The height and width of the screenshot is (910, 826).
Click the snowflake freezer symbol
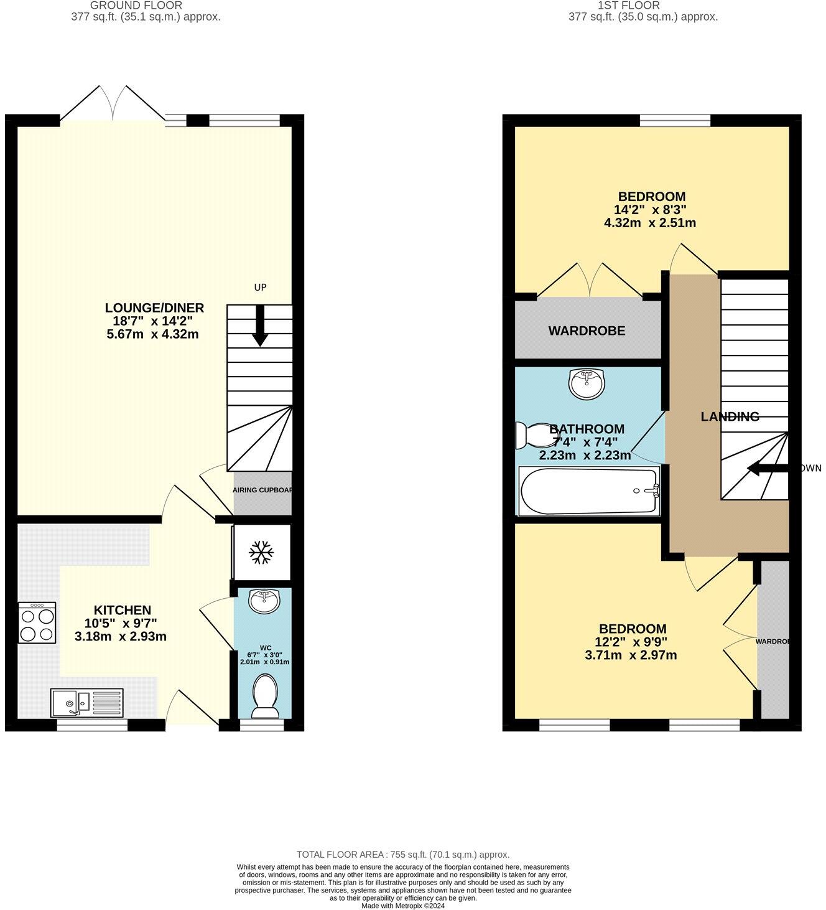261,553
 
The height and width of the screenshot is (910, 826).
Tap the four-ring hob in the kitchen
37,622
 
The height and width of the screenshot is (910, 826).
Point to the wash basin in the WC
264,601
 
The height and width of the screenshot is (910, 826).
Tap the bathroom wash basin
586,383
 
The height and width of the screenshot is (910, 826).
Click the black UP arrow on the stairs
260,326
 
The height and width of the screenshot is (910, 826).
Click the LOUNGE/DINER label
154,307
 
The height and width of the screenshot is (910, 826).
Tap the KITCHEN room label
123,610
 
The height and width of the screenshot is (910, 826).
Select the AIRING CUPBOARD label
262,490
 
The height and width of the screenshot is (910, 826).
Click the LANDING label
730,416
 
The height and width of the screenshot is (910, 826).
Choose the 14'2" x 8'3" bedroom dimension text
649,210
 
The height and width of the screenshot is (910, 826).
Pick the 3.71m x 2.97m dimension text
631,655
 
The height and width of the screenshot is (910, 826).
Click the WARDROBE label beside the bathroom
587,331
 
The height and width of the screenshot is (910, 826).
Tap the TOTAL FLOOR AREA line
402,855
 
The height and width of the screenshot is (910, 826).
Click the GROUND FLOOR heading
136,6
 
